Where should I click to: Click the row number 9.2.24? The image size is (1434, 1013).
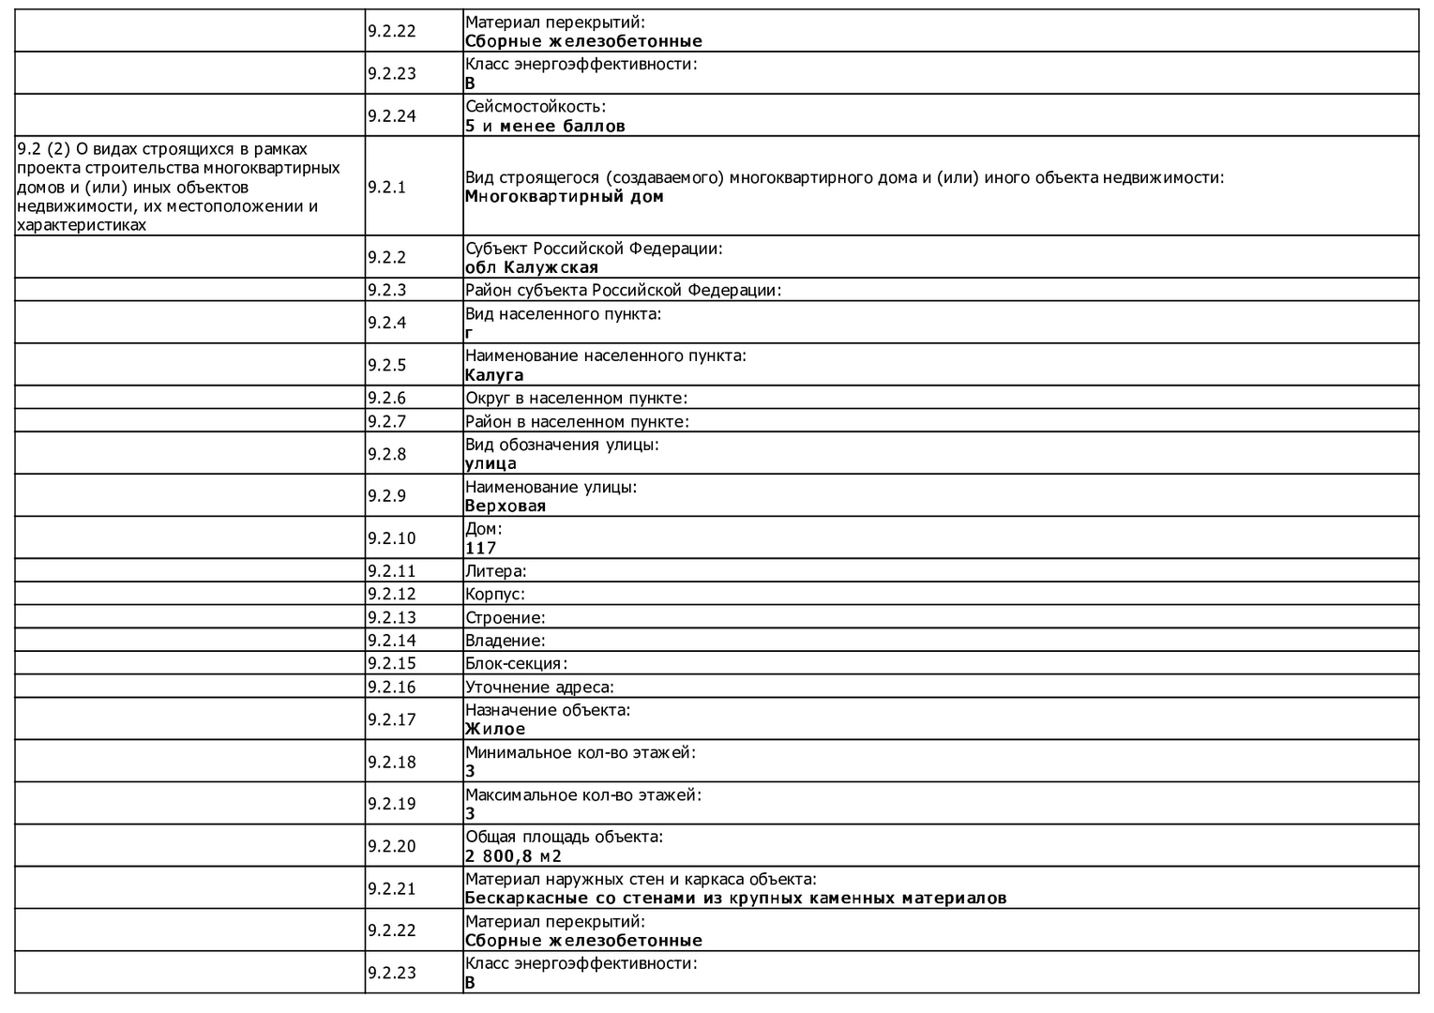392,116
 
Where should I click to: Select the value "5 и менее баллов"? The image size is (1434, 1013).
545,126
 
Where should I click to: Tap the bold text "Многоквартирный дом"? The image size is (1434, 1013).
564,197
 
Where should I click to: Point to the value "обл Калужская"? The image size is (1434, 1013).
531,267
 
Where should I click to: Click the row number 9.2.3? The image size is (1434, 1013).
386,290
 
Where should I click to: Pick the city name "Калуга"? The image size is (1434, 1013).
494,375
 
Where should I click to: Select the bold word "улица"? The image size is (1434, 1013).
491,463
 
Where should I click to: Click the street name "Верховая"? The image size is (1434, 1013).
505,506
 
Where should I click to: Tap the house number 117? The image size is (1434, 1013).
480,548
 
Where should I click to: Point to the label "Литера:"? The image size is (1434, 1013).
495,571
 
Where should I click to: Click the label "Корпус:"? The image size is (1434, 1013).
494,594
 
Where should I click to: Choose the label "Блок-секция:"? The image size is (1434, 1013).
516,664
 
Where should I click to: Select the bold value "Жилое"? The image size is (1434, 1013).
495,729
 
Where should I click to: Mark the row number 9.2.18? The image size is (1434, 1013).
392,762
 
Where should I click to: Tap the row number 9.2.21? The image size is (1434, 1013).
392,888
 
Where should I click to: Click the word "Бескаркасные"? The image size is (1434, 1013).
521,898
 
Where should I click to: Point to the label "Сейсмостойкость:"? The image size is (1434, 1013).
536,107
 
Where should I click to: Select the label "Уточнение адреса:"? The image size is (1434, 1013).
539,688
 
